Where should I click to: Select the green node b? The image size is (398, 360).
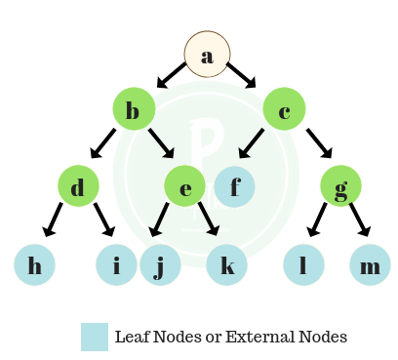(134, 109)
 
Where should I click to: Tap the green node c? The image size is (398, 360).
(283, 109)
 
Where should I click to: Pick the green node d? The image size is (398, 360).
(78, 185)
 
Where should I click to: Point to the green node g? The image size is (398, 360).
(340, 186)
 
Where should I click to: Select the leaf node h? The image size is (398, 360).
(35, 264)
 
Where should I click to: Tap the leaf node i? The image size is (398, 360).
(116, 264)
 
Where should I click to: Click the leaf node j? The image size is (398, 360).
(160, 264)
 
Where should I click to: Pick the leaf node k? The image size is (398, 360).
(226, 264)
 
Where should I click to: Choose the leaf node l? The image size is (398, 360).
(303, 264)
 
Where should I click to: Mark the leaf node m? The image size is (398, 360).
(370, 264)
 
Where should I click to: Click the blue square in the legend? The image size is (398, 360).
(95, 337)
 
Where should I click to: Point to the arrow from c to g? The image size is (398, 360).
(316, 140)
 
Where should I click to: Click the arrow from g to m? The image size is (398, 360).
(359, 220)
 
